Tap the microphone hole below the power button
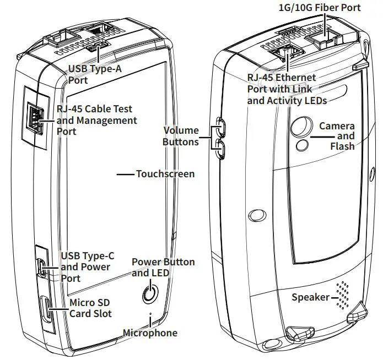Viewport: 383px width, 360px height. click(x=151, y=315)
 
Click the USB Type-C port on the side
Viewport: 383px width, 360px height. click(x=43, y=268)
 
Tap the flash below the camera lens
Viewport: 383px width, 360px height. click(x=303, y=144)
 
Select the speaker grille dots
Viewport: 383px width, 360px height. click(x=343, y=296)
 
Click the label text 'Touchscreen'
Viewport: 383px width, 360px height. click(x=165, y=174)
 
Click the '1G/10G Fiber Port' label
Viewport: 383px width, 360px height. click(x=321, y=7)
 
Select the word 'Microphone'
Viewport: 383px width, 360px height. click(x=150, y=332)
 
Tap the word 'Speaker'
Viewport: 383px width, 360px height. click(x=310, y=298)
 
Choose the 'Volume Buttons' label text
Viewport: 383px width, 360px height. click(x=181, y=136)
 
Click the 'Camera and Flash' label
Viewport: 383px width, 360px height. click(x=337, y=136)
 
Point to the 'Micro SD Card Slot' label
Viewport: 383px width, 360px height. click(x=90, y=308)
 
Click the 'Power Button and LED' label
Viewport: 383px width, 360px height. click(x=163, y=267)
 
